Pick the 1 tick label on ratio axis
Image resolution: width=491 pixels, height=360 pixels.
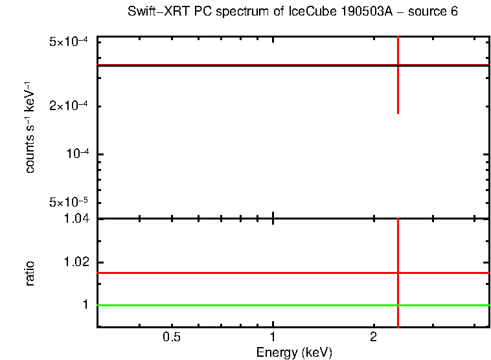tap(84, 305)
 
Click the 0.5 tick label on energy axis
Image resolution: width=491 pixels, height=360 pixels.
tap(172, 337)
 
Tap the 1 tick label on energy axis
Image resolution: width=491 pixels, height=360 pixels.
tap(273, 337)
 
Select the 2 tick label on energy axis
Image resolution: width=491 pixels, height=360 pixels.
tap(373, 337)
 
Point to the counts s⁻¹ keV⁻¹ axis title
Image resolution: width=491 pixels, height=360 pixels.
tap(30, 129)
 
